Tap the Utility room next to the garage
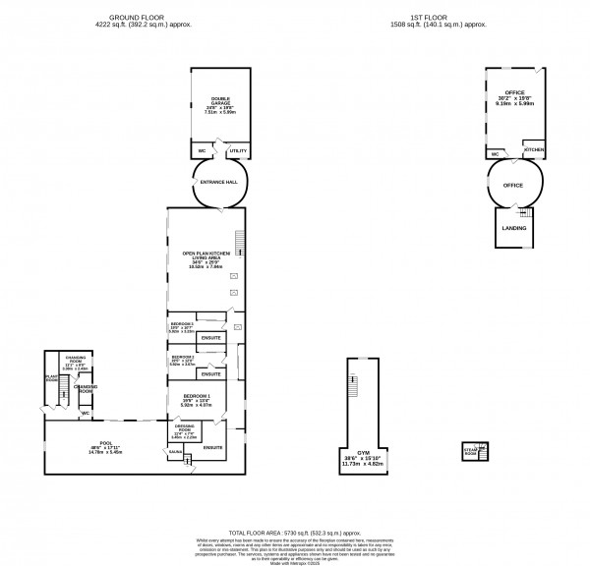click(237, 151)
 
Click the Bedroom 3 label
click(182, 323)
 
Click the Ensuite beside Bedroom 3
click(210, 339)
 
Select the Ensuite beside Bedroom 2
click(210, 374)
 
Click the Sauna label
click(174, 452)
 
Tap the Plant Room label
click(50, 375)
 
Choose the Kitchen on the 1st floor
click(533, 149)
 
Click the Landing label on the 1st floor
click(512, 228)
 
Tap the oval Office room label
click(512, 184)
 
